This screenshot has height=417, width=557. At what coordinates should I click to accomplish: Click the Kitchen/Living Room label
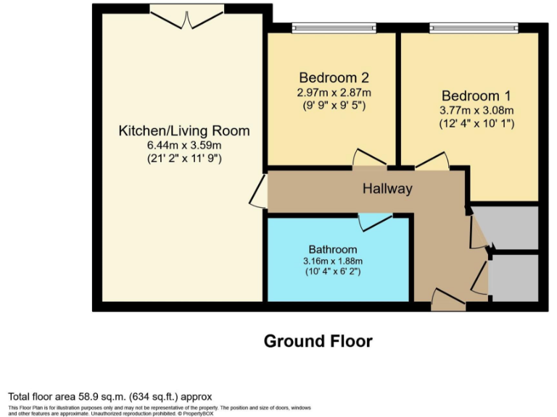click(x=184, y=131)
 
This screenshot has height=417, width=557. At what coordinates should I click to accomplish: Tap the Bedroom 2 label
click(x=334, y=77)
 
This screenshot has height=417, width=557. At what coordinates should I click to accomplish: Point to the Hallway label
click(x=387, y=189)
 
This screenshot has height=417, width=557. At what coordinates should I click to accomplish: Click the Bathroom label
click(x=333, y=248)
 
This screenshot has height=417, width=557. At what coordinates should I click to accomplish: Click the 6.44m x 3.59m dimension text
click(x=184, y=145)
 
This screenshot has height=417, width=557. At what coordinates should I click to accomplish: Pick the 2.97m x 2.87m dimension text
click(x=334, y=92)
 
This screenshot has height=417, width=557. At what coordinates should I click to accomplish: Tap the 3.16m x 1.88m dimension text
click(x=333, y=261)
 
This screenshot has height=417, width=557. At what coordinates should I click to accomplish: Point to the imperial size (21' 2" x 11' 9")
click(x=184, y=157)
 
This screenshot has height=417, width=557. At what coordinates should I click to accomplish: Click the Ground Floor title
click(x=318, y=340)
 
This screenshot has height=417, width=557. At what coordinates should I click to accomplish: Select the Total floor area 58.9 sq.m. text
click(x=110, y=396)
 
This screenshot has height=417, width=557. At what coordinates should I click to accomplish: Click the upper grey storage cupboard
click(x=513, y=227)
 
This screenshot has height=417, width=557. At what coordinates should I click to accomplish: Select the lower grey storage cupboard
click(x=513, y=277)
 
